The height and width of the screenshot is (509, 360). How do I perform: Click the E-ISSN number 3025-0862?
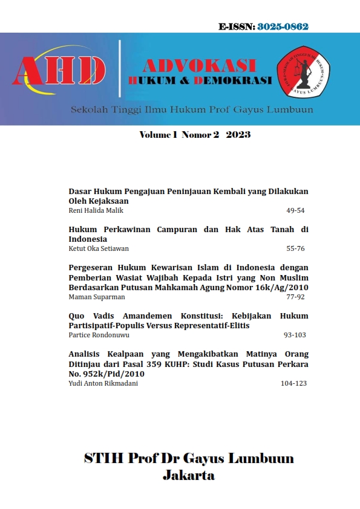283,27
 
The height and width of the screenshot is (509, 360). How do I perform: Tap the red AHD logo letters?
59,71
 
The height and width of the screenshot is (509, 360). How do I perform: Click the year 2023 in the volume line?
238,135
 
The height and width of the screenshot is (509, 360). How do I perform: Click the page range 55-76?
296,248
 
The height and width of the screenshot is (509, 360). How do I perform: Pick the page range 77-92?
296,297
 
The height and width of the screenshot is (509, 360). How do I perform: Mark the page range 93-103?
295,334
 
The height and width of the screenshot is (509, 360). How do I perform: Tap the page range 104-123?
293,383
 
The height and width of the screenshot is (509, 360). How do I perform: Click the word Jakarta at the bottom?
189,475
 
